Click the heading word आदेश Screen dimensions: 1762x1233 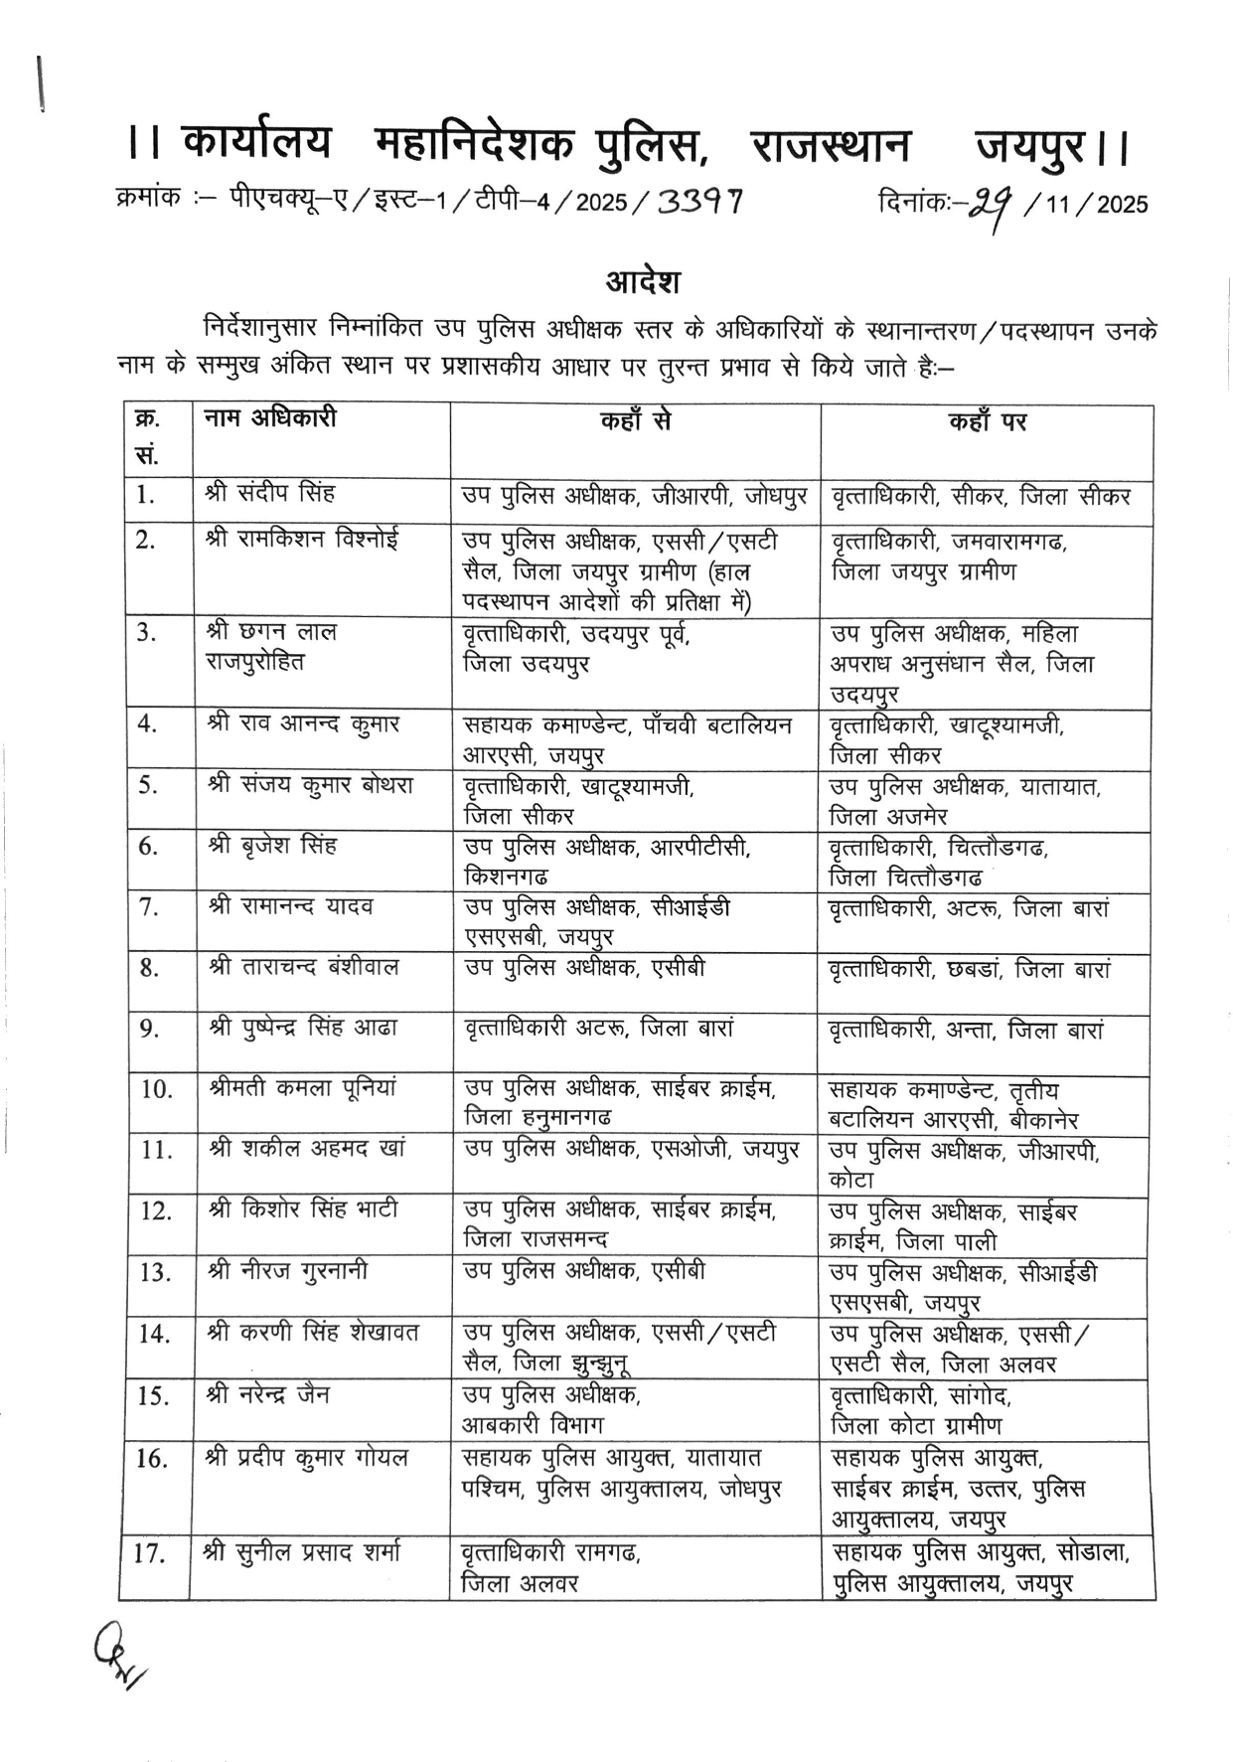[x=643, y=282]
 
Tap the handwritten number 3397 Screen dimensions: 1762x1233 [x=700, y=203]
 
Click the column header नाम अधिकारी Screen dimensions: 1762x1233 [x=270, y=418]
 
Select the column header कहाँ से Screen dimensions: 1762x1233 [x=635, y=421]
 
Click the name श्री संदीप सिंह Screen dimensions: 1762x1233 [x=270, y=493]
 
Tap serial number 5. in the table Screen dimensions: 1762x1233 [x=149, y=785]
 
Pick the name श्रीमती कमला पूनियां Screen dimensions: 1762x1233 [x=303, y=1088]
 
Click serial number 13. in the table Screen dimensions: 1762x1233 [x=154, y=1272]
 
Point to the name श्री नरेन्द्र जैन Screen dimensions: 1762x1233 [x=268, y=1394]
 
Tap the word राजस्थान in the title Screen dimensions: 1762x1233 [x=830, y=147]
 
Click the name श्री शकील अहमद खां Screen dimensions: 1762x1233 [x=306, y=1149]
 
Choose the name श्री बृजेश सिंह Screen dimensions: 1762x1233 [x=271, y=846]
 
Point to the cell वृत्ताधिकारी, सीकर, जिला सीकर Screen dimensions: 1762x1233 [x=980, y=495]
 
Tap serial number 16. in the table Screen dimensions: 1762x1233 [x=151, y=1459]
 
